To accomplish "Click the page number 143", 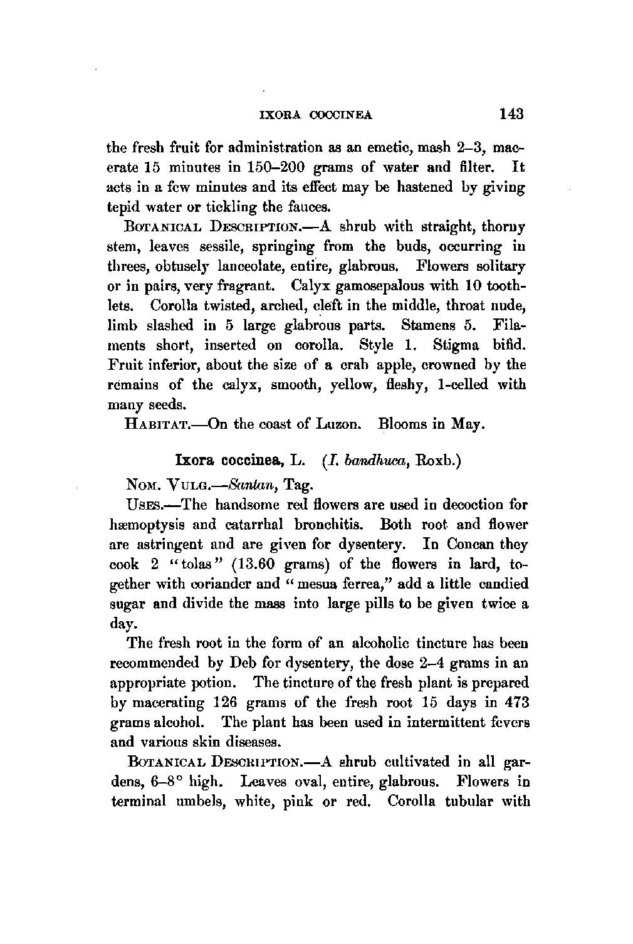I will [511, 114].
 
